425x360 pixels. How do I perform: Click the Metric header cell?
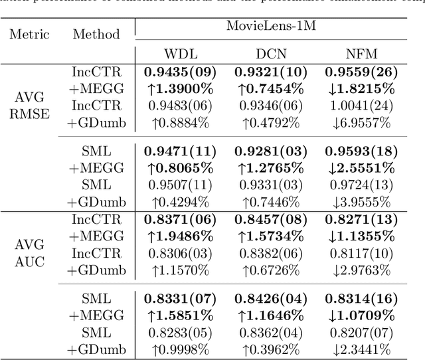point(29,35)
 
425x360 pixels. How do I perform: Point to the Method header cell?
point(96,35)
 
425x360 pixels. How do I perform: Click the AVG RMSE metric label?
point(29,104)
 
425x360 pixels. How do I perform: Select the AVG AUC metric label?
point(29,252)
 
